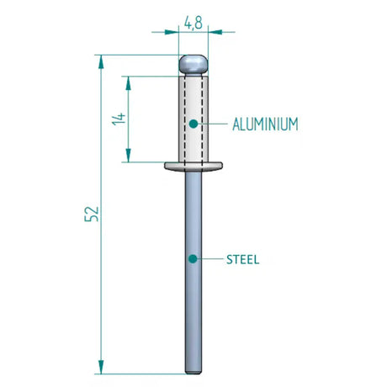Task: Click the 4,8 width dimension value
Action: point(193,24)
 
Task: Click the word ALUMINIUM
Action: point(265,124)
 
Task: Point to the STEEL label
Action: point(242,259)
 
